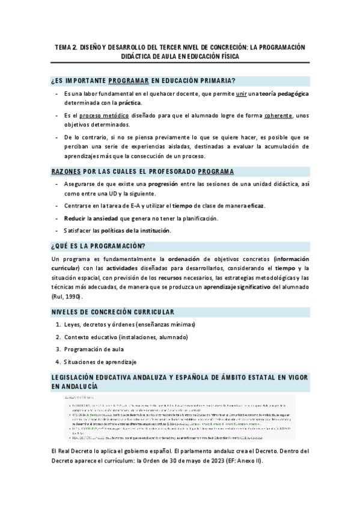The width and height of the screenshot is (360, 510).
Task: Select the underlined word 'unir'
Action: (241, 94)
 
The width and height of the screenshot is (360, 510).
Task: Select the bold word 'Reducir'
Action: (74, 218)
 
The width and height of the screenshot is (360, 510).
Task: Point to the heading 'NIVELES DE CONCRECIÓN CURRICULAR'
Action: (112, 312)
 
